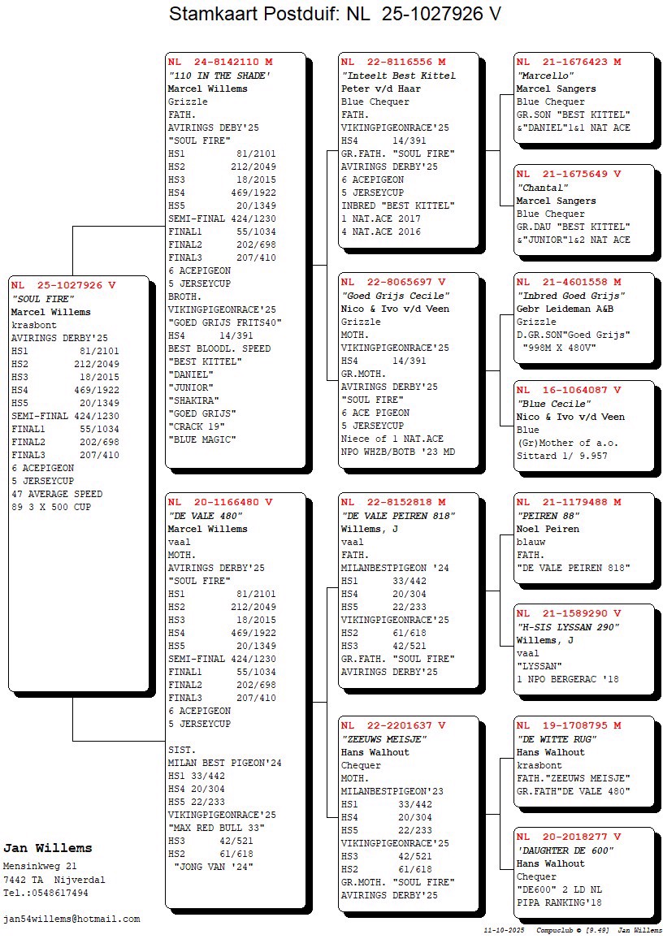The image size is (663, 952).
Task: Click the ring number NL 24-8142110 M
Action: [220, 62]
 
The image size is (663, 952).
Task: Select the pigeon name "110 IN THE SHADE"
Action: [219, 76]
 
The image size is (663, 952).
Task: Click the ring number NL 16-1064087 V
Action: [569, 391]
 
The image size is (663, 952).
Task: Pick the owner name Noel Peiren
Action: [548, 529]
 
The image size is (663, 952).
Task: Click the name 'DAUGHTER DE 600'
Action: [565, 850]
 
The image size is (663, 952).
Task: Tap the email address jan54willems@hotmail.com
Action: [71, 919]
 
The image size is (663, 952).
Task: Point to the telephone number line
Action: [45, 893]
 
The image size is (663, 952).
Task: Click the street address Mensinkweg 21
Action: [40, 866]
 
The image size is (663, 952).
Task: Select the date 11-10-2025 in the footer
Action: [503, 929]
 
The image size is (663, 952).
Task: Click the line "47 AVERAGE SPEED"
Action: [57, 494]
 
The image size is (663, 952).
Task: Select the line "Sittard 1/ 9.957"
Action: [561, 456]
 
